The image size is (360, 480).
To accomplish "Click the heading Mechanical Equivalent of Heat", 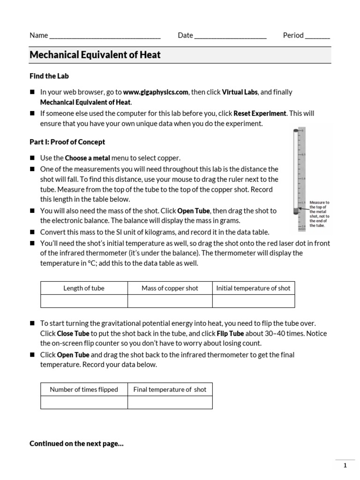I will pos(95,55).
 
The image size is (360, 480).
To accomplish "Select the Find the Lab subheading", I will pos(49,76).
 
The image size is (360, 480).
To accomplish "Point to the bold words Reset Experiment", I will pos(261,113).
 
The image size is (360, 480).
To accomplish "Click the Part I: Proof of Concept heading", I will pos(67,142).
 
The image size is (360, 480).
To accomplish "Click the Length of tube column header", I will pos(84,288).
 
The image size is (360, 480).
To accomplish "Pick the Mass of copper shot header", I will pos(170,288).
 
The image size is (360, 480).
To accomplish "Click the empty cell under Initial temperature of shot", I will pos(253,301).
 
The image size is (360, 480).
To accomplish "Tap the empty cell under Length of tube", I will pos(84,301).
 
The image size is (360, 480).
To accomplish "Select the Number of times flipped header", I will pos(84,390).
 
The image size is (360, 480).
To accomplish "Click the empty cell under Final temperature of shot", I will pos(170,402).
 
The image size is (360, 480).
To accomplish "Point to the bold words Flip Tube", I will pos(230,334).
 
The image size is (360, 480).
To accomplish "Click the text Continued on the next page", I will pos(76,443).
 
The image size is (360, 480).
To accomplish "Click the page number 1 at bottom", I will pos(345,465).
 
